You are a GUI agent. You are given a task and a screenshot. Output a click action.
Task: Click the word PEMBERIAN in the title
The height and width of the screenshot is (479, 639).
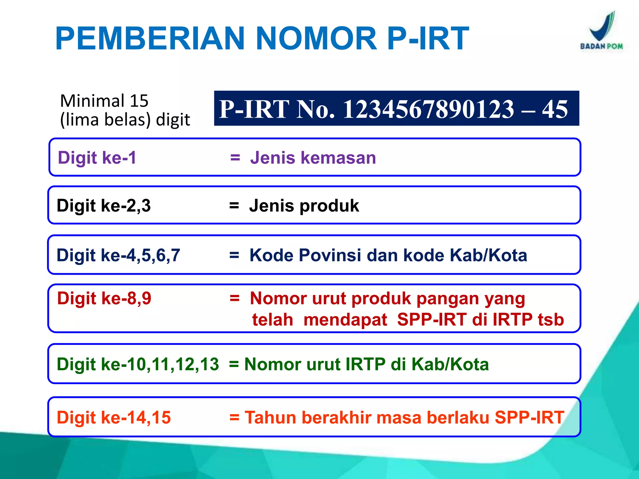[150, 39]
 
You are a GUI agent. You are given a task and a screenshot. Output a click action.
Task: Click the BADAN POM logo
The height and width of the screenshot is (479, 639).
[601, 31]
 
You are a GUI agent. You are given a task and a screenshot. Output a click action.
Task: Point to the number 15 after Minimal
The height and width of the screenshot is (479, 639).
[139, 101]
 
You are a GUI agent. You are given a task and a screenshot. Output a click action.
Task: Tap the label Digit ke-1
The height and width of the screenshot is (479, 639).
[97, 157]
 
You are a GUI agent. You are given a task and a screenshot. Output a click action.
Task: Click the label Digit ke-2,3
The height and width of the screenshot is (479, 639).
[104, 206]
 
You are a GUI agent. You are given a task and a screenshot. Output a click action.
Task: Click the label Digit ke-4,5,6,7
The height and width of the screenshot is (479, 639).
[118, 255]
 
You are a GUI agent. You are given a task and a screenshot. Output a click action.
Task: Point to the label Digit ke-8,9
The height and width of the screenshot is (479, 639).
[104, 298]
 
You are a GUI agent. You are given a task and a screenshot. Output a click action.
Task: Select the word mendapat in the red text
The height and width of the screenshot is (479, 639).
[345, 320]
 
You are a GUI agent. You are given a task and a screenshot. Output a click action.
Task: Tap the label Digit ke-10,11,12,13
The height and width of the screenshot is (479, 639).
[138, 364]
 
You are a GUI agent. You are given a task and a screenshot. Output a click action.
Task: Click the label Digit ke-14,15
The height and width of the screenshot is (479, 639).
[114, 418]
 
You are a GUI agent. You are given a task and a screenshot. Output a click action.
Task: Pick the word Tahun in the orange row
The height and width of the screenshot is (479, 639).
[270, 418]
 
